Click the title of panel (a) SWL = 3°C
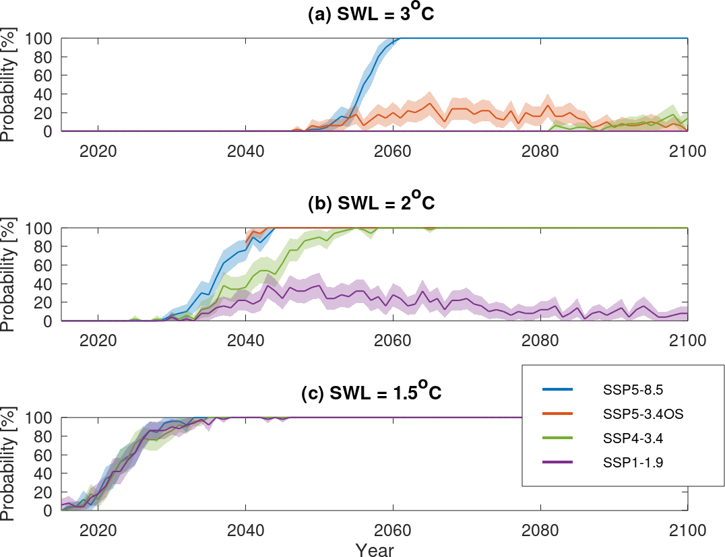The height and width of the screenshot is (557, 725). coord(370,14)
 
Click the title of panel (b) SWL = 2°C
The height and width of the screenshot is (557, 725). coord(370,204)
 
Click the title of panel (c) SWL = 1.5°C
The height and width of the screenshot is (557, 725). coord(371,394)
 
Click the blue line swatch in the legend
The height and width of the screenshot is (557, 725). coord(557,390)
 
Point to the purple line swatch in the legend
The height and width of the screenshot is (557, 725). coord(557,463)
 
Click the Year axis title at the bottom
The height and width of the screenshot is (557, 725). coord(375,549)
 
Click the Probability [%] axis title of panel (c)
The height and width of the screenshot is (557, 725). coord(8,464)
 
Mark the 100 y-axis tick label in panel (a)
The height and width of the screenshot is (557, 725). coord(37,38)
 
